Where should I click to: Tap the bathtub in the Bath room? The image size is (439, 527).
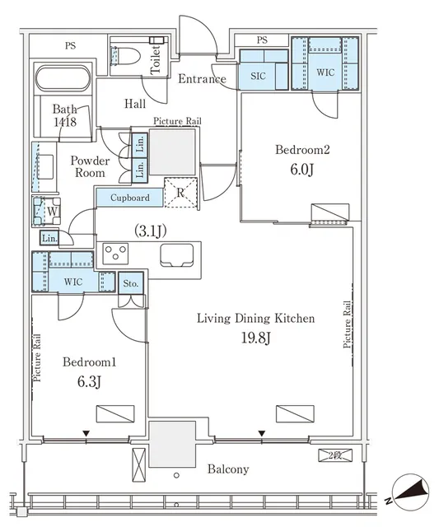click(x=63, y=78)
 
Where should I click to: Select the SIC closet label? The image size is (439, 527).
click(x=258, y=76)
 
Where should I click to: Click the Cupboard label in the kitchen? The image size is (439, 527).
click(x=130, y=198)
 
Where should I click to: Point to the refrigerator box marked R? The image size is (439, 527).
click(x=180, y=192)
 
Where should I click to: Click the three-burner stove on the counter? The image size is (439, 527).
click(x=115, y=254)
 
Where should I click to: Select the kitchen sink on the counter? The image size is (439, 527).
click(x=177, y=255)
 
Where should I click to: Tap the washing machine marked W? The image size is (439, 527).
click(x=47, y=211)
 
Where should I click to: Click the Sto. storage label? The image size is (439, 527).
click(x=131, y=283)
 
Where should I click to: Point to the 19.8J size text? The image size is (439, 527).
click(x=256, y=338)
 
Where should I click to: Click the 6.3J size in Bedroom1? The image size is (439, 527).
click(x=89, y=381)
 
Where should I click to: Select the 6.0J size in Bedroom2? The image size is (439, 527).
click(x=301, y=170)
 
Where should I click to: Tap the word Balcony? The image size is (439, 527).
click(x=228, y=469)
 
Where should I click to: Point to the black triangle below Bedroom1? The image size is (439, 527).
click(x=86, y=434)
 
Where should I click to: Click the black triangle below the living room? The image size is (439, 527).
click(x=262, y=434)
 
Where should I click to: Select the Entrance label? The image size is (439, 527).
click(x=202, y=79)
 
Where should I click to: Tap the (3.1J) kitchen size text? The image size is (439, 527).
click(x=150, y=231)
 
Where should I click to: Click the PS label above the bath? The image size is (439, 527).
click(x=70, y=46)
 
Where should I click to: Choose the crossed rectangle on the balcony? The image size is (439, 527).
click(x=139, y=465)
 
